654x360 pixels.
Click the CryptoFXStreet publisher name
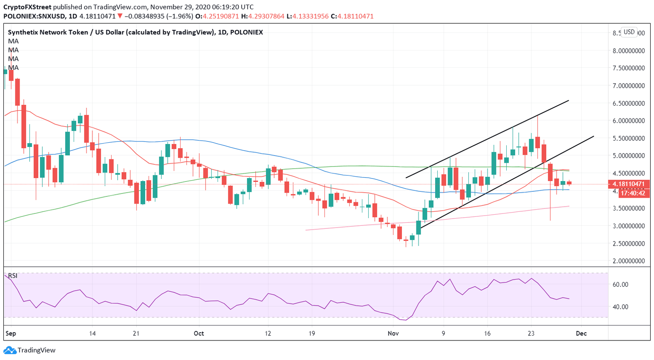pyautogui.click(x=27, y=7)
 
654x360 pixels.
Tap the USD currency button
pyautogui.click(x=629, y=32)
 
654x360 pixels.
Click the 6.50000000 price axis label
pyautogui.click(x=628, y=103)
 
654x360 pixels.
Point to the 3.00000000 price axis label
pyautogui.click(x=628, y=226)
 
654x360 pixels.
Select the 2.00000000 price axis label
pyautogui.click(x=628, y=261)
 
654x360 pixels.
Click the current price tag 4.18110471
pyautogui.click(x=628, y=184)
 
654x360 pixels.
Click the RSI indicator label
pyautogui.click(x=13, y=276)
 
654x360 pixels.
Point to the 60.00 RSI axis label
pyautogui.click(x=620, y=285)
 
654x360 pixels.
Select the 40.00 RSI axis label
pyautogui.click(x=620, y=307)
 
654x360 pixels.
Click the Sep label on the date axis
pyautogui.click(x=11, y=333)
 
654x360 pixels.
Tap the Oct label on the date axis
pyautogui.click(x=198, y=333)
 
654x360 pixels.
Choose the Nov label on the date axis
pyautogui.click(x=393, y=333)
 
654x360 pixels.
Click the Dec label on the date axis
pyautogui.click(x=581, y=333)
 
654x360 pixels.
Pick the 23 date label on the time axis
pyautogui.click(x=531, y=333)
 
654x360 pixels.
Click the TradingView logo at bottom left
pyautogui.click(x=30, y=350)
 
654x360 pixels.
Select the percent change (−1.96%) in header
pyautogui.click(x=178, y=16)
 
